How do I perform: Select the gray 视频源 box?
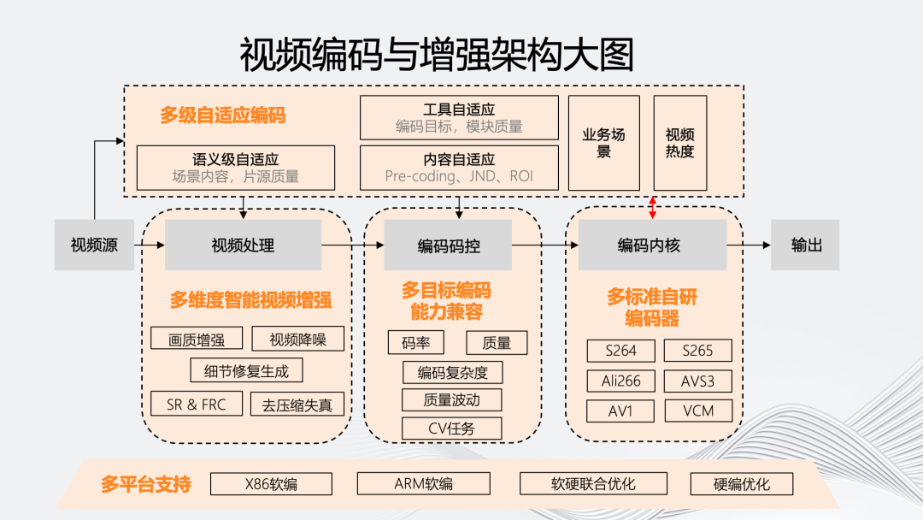(x=94, y=245)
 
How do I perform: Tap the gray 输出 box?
(x=806, y=245)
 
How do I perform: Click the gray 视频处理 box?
(x=243, y=245)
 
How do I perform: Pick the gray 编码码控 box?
(x=448, y=245)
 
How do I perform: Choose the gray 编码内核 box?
(x=652, y=245)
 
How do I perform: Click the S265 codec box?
(x=699, y=351)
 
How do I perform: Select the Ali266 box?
(x=621, y=381)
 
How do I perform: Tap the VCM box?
(x=699, y=411)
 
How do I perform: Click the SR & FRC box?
(x=197, y=405)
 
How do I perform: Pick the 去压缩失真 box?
(x=297, y=405)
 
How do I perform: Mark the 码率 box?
(x=415, y=343)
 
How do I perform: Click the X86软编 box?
(x=271, y=484)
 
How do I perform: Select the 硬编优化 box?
(x=741, y=484)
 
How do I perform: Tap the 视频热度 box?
(x=680, y=143)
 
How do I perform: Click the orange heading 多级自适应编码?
(x=222, y=115)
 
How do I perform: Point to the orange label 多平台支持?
(x=145, y=484)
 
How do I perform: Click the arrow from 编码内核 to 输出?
(x=748, y=245)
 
